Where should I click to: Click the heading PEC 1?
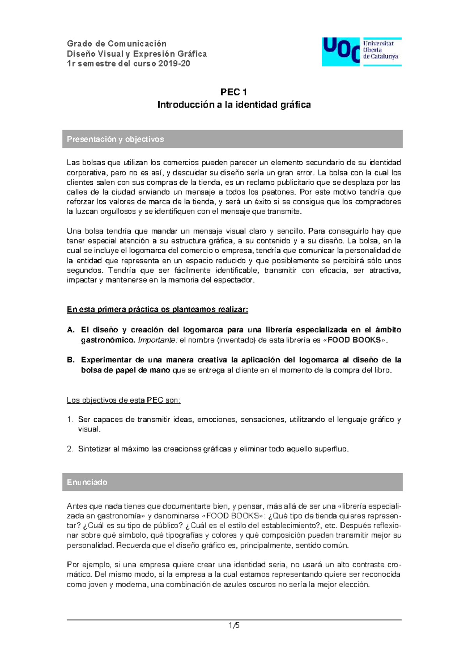234,92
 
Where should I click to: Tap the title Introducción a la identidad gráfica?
234,105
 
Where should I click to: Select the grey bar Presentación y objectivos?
232,139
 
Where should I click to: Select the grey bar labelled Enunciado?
232,482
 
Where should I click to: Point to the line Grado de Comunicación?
117,43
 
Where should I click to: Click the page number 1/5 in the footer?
234,626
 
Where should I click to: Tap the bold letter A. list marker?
71,330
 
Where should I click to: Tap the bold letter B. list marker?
71,360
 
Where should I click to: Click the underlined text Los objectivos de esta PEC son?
123,400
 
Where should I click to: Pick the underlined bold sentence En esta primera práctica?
157,310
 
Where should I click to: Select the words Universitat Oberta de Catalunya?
380,50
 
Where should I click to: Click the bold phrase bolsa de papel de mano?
125,370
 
